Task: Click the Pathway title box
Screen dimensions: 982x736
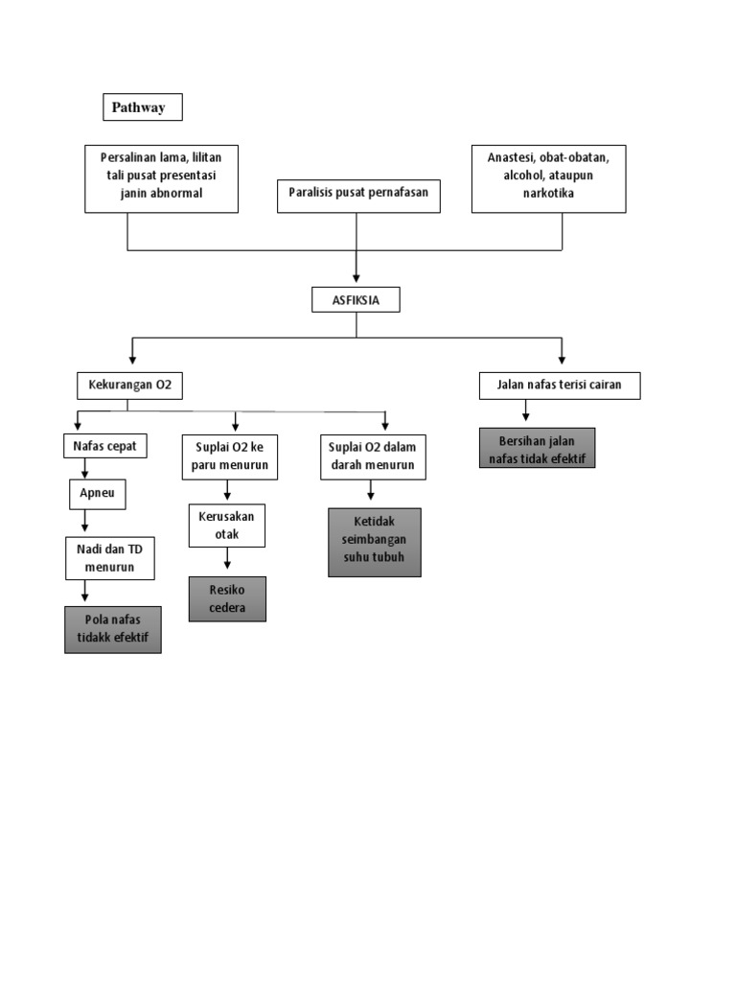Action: click(142, 107)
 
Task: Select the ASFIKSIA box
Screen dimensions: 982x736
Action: click(356, 300)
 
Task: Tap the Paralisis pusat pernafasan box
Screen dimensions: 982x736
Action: click(358, 195)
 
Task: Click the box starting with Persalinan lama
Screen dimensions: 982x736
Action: click(161, 178)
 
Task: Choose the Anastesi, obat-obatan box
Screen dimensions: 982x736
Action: click(548, 178)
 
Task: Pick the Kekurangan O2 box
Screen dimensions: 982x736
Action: click(129, 386)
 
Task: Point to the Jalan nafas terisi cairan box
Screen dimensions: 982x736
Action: click(560, 386)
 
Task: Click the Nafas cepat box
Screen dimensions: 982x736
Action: click(105, 446)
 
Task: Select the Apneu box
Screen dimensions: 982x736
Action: click(97, 494)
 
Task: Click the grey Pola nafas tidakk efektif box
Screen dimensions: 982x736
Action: click(112, 629)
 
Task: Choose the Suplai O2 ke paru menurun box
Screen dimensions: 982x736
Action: click(229, 456)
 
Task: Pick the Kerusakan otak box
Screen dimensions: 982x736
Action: click(226, 526)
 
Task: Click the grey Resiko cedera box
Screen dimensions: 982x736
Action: click(227, 598)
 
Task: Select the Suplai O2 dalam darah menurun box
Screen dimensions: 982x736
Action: click(372, 456)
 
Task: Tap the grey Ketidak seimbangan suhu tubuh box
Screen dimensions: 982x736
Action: click(374, 542)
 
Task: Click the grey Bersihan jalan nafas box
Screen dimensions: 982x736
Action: click(537, 448)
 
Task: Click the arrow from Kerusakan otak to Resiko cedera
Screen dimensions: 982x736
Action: click(227, 562)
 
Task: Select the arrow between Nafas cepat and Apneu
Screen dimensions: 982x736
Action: click(85, 469)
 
